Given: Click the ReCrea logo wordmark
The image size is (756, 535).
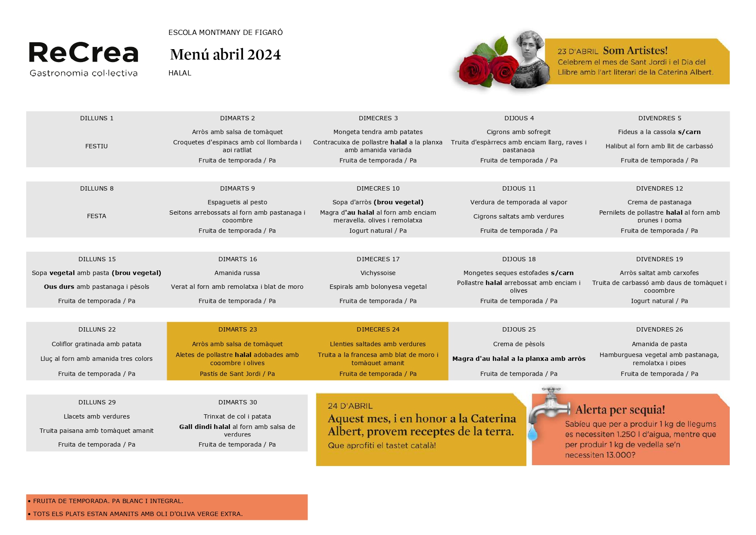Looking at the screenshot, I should click(84, 53).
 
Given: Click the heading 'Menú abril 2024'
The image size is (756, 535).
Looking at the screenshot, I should click(225, 55).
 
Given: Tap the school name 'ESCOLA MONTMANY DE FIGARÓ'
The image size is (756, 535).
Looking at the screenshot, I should click(225, 32).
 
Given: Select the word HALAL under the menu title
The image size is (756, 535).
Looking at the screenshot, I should click(180, 73).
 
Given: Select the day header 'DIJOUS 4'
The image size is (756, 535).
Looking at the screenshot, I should click(519, 118).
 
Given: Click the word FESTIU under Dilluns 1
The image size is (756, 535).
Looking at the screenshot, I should click(96, 146).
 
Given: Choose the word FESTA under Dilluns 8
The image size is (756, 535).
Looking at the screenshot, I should click(96, 216).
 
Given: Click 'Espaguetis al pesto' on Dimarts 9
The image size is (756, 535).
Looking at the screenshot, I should click(237, 202).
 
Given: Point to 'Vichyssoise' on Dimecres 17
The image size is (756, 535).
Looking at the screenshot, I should click(378, 273).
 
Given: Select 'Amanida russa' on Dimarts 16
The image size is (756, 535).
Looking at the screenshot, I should click(237, 273).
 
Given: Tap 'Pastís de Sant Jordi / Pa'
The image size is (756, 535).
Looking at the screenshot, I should click(237, 374).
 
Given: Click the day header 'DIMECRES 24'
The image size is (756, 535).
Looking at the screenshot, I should click(378, 329).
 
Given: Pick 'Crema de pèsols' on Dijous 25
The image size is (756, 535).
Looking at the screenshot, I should click(519, 344).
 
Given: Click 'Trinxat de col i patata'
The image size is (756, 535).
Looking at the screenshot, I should click(237, 416).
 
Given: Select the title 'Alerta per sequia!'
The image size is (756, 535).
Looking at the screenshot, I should click(620, 410).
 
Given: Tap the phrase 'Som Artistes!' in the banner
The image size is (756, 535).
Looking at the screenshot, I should click(635, 50).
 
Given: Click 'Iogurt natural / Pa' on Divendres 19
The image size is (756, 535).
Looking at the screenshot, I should click(659, 301).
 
